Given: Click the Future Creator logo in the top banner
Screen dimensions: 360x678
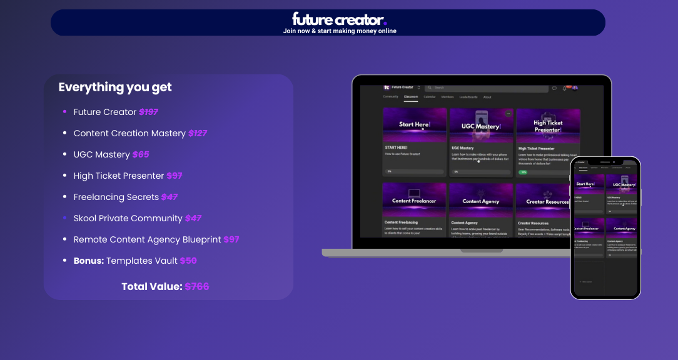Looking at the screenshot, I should [x=339, y=19].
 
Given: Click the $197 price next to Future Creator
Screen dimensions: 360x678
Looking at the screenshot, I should [x=148, y=112].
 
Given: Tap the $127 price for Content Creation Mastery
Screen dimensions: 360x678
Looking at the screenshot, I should [x=198, y=133].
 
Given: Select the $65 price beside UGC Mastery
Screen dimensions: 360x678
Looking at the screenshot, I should [x=141, y=154].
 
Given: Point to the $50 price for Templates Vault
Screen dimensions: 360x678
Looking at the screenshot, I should [x=188, y=261].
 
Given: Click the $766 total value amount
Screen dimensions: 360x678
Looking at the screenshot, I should [x=197, y=287].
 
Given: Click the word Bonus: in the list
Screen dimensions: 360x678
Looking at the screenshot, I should [x=89, y=261].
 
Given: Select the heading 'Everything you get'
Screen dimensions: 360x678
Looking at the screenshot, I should [x=115, y=87].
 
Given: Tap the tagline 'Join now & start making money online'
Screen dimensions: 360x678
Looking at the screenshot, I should [x=339, y=31].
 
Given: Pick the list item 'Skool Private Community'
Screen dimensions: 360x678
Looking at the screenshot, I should [x=128, y=218].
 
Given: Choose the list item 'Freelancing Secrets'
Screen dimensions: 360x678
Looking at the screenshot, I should [x=116, y=197].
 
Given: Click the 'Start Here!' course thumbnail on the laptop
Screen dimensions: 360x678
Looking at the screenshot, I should [x=414, y=125].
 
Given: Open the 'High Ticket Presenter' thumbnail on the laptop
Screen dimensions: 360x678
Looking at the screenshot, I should [x=548, y=125].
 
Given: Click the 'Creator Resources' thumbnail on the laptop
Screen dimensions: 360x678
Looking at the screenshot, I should [x=548, y=201].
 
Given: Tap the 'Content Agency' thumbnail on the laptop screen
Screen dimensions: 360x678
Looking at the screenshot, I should [x=480, y=201].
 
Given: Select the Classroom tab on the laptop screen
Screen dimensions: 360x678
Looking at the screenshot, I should [x=410, y=97].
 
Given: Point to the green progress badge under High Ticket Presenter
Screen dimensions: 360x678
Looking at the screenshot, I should [x=522, y=172].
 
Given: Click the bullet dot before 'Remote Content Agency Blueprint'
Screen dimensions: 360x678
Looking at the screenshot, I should [x=64, y=239].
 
